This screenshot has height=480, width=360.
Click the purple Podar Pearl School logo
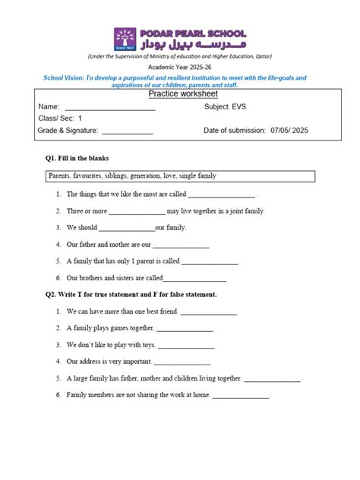[x=125, y=39]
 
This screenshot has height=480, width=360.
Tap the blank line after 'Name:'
[x=109, y=109]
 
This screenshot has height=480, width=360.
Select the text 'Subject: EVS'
[x=225, y=107]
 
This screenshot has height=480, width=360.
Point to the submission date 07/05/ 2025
[x=289, y=131]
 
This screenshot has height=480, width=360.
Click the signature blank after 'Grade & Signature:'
[x=127, y=132]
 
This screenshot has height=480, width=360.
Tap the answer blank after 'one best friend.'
[x=208, y=313]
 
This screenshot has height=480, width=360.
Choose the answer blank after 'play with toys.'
[x=186, y=346]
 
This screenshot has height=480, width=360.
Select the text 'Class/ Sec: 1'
[x=60, y=119]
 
